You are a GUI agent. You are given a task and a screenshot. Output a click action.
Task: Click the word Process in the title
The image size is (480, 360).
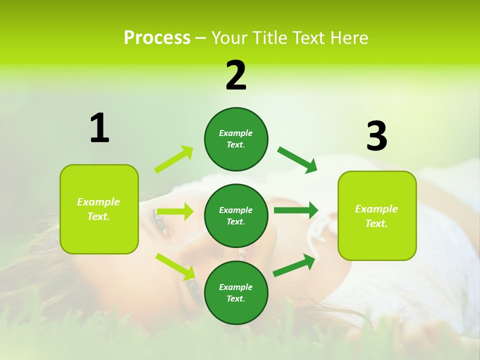pos(157,38)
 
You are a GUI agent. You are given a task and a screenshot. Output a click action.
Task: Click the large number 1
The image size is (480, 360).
pos(99,128)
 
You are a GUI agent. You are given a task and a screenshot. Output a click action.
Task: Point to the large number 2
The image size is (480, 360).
pos(236,75)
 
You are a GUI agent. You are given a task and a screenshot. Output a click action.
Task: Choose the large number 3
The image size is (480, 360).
pos(376,136)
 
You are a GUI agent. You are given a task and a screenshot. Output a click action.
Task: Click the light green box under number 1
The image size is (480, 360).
pos(99,209)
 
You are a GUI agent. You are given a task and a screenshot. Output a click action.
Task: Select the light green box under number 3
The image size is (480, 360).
pos(377,215)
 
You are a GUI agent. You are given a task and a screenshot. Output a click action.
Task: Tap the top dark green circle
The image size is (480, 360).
pos(236,139)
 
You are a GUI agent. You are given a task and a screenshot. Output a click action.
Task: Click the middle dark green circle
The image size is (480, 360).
pos(236,215)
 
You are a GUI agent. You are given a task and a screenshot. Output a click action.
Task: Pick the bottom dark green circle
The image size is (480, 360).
pos(236,292)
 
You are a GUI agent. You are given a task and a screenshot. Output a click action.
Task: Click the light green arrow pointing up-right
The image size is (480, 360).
pos(174,159)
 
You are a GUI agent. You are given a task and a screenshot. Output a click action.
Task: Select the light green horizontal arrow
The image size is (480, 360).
pos(174,211)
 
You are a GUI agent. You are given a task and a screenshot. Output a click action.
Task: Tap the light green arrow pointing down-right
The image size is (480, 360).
pos(175,266)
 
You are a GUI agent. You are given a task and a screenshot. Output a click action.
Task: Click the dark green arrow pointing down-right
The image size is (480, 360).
pos(297,159)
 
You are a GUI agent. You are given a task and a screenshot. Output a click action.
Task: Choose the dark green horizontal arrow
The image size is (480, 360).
pos(295,210)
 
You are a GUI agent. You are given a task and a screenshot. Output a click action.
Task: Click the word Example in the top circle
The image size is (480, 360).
pos(236,133)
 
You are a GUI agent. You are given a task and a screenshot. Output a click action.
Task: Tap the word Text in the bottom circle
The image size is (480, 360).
pos(235,298)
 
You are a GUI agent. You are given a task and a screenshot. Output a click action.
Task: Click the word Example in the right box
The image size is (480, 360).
pos(376,209)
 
